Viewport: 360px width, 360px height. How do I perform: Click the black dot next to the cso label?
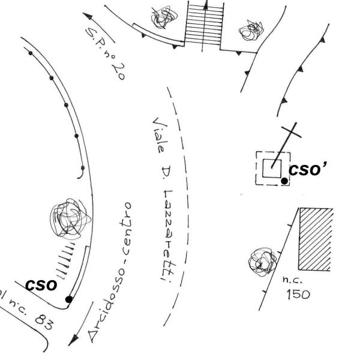point(69,299)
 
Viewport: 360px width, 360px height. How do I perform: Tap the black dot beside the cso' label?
point(284,181)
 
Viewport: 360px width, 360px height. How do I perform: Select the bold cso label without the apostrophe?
point(40,284)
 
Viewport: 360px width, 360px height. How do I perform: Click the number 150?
point(298,295)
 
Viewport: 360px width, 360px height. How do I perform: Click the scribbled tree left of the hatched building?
point(262,261)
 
